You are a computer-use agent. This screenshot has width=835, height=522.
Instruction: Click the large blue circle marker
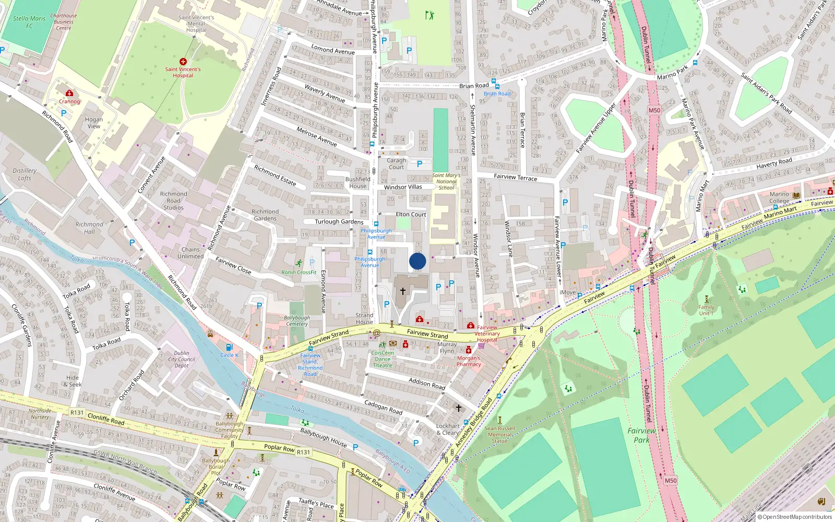[x=417, y=261]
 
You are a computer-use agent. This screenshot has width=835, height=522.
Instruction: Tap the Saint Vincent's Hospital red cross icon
[x=183, y=62]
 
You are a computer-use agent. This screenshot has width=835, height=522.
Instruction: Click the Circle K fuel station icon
[x=229, y=348]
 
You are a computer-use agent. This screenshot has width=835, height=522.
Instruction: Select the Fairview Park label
[x=641, y=435]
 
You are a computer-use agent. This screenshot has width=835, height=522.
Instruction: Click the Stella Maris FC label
[x=29, y=22]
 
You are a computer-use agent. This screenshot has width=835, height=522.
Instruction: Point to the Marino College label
[x=779, y=197]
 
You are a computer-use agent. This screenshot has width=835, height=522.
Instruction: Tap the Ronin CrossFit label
[x=299, y=272]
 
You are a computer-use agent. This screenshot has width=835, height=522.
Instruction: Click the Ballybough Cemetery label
[x=297, y=321]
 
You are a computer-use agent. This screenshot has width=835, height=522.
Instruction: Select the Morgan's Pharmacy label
[x=469, y=361]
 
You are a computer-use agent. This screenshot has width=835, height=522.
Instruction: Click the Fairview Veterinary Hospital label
[x=487, y=334]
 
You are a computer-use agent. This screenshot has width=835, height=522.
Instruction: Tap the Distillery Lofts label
[x=25, y=174]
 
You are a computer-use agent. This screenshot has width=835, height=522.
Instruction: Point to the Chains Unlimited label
[x=190, y=253]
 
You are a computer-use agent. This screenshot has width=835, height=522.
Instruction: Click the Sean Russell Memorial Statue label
[x=499, y=434]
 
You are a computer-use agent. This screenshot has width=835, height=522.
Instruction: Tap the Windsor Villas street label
[x=403, y=187]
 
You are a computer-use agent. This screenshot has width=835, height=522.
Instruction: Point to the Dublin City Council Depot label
[x=182, y=359]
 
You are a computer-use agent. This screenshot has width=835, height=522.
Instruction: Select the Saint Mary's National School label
[x=446, y=182]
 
